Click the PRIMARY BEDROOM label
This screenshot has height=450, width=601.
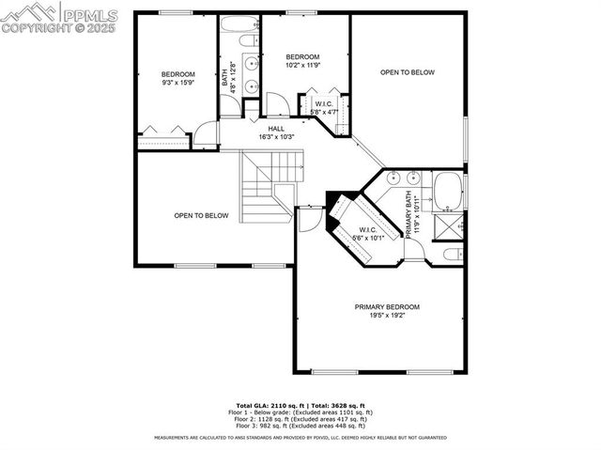(x=386, y=307)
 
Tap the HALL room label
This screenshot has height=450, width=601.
(x=276, y=129)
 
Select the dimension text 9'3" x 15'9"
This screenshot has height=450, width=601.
(x=177, y=84)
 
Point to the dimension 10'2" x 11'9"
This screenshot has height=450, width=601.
(x=302, y=66)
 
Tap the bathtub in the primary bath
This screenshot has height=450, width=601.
(x=447, y=192)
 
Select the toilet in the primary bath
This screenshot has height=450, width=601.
(x=450, y=256)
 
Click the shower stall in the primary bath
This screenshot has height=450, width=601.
(x=449, y=226)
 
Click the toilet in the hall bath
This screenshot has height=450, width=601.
(x=249, y=42)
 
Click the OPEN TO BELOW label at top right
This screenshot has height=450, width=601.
(x=408, y=72)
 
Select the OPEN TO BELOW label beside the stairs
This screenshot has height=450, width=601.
(x=201, y=215)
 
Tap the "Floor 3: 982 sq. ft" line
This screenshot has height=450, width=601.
(x=300, y=426)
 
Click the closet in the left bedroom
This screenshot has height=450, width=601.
(x=163, y=139)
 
